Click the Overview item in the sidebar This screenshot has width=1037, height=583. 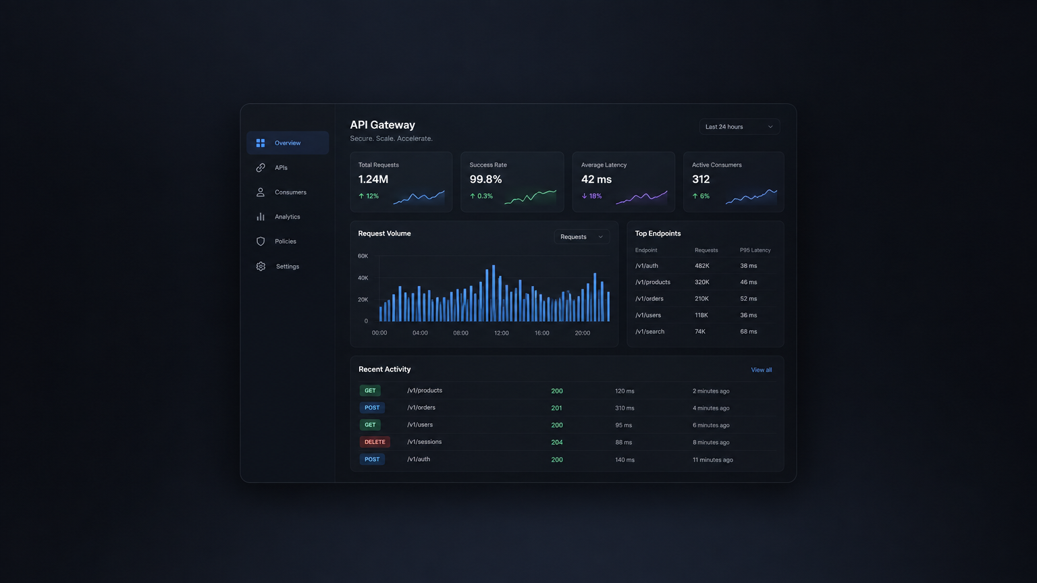tap(288, 143)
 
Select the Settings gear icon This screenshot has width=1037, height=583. tap(261, 267)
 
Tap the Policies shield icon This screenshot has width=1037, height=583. tap(261, 242)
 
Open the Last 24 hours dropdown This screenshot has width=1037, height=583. tap(739, 127)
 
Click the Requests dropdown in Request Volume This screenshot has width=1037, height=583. tap(581, 237)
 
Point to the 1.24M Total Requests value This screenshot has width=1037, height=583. tap(373, 179)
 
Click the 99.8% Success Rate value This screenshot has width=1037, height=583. tap(485, 179)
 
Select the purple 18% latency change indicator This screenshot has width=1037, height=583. tap(591, 196)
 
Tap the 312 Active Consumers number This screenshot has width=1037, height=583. tap(701, 179)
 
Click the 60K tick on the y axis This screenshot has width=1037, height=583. tap(363, 256)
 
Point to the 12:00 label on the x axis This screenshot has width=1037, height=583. tap(502, 333)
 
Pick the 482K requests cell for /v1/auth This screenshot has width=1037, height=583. tap(702, 266)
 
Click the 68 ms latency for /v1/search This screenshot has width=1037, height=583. tap(749, 332)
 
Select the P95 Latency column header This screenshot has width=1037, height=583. tap(755, 250)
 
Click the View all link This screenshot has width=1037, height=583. tap(761, 370)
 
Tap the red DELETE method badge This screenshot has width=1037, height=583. tap(375, 442)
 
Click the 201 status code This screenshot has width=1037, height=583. tap(556, 408)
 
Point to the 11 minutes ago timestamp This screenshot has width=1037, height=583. tap(713, 460)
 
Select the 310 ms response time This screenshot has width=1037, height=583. tap(624, 408)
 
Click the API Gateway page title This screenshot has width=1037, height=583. tap(382, 125)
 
